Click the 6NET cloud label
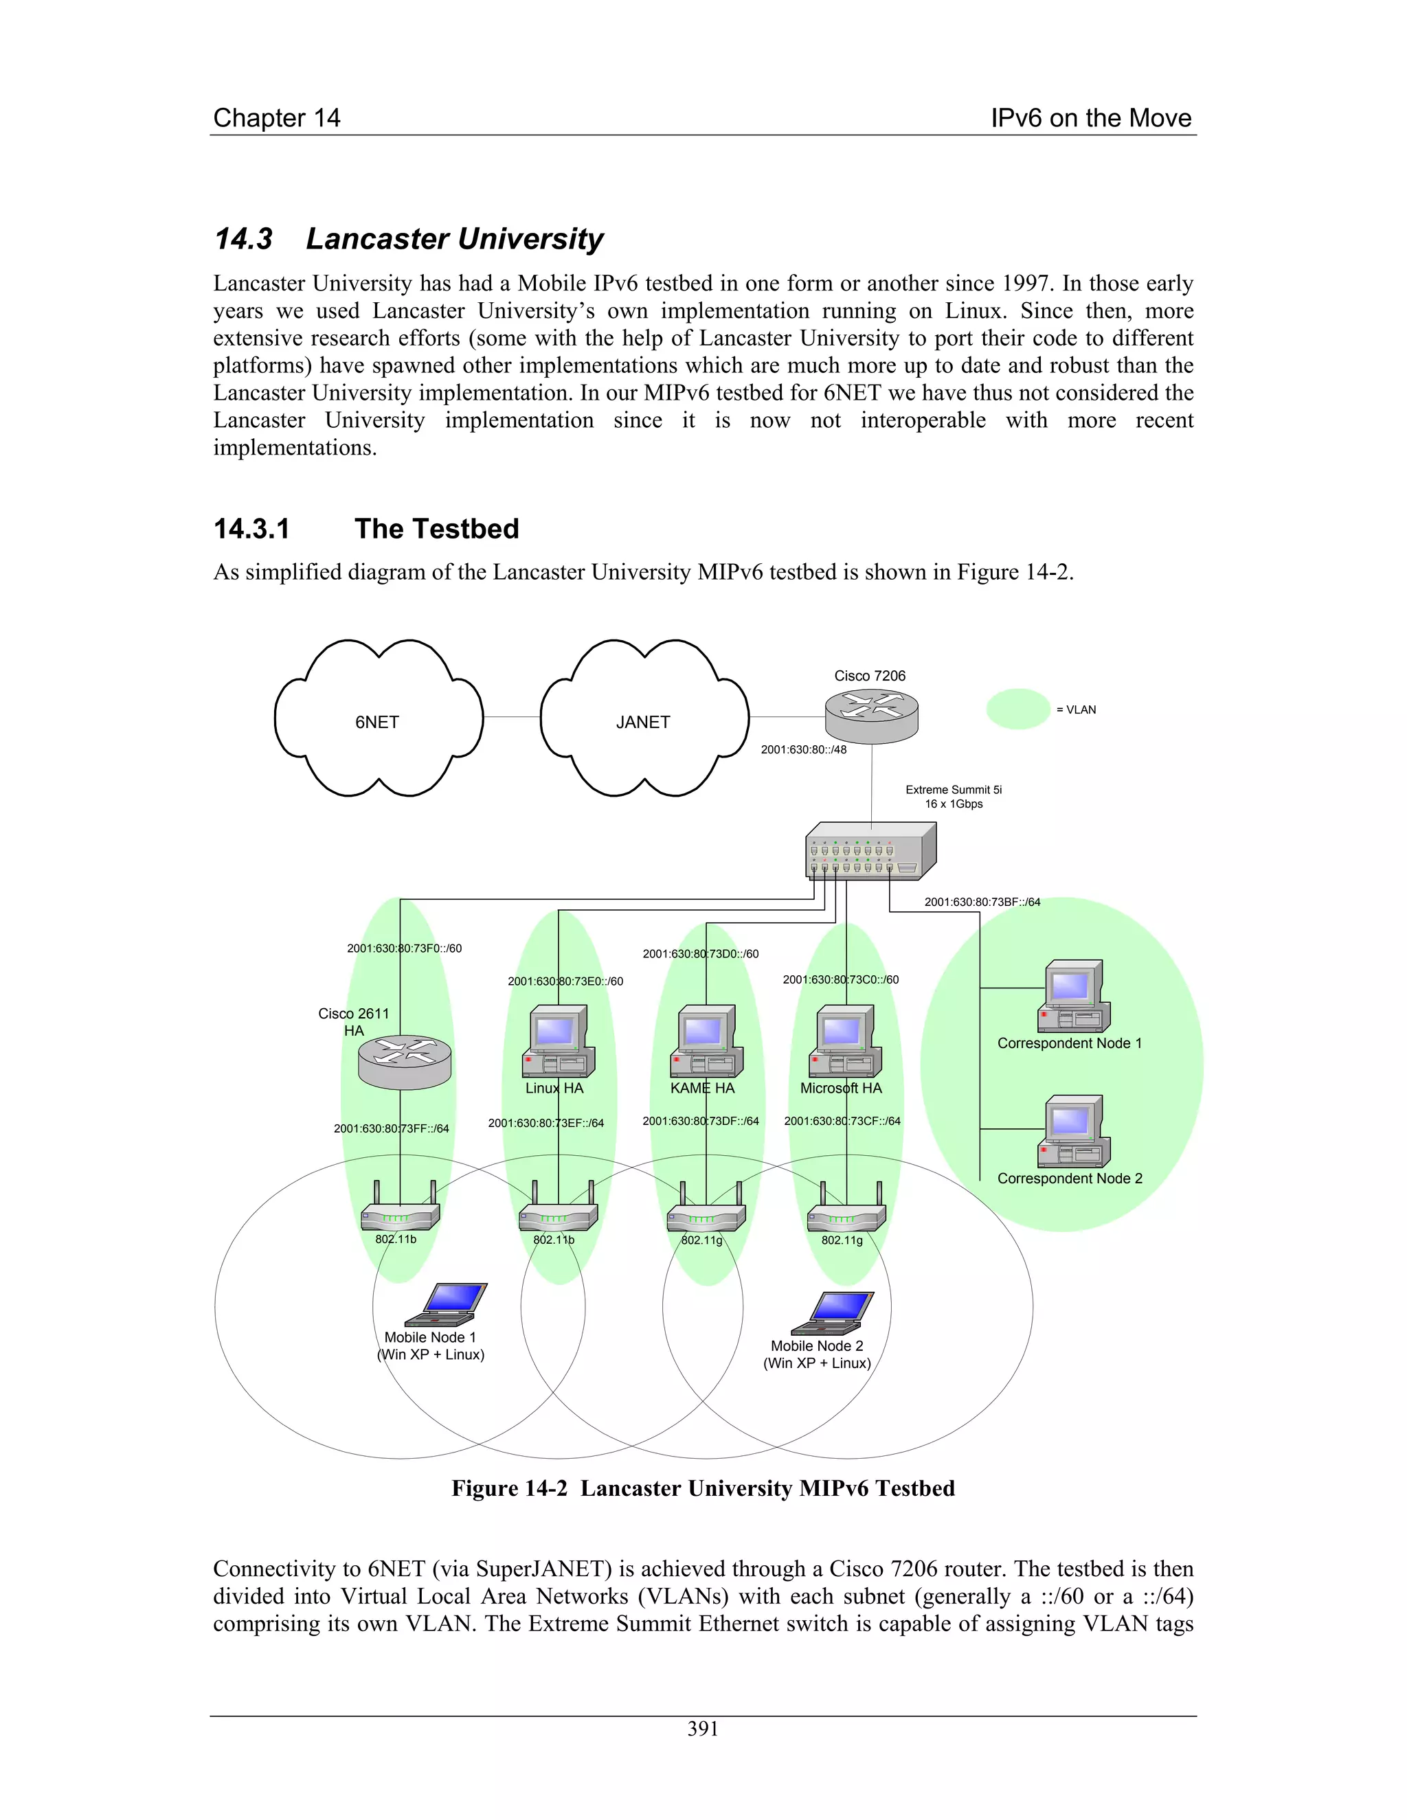376,722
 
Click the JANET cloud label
642,722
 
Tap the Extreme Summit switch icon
870,851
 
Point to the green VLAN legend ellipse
1017,709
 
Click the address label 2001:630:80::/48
804,749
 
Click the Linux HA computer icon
559,1042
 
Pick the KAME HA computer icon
706,1042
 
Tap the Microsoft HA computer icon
845,1042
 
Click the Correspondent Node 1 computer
1074,997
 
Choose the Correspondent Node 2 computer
1074,1132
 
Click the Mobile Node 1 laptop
445,1305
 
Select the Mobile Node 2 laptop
832,1313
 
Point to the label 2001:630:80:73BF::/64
982,902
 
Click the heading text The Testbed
436,528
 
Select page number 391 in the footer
703,1729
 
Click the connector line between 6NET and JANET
512,716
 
